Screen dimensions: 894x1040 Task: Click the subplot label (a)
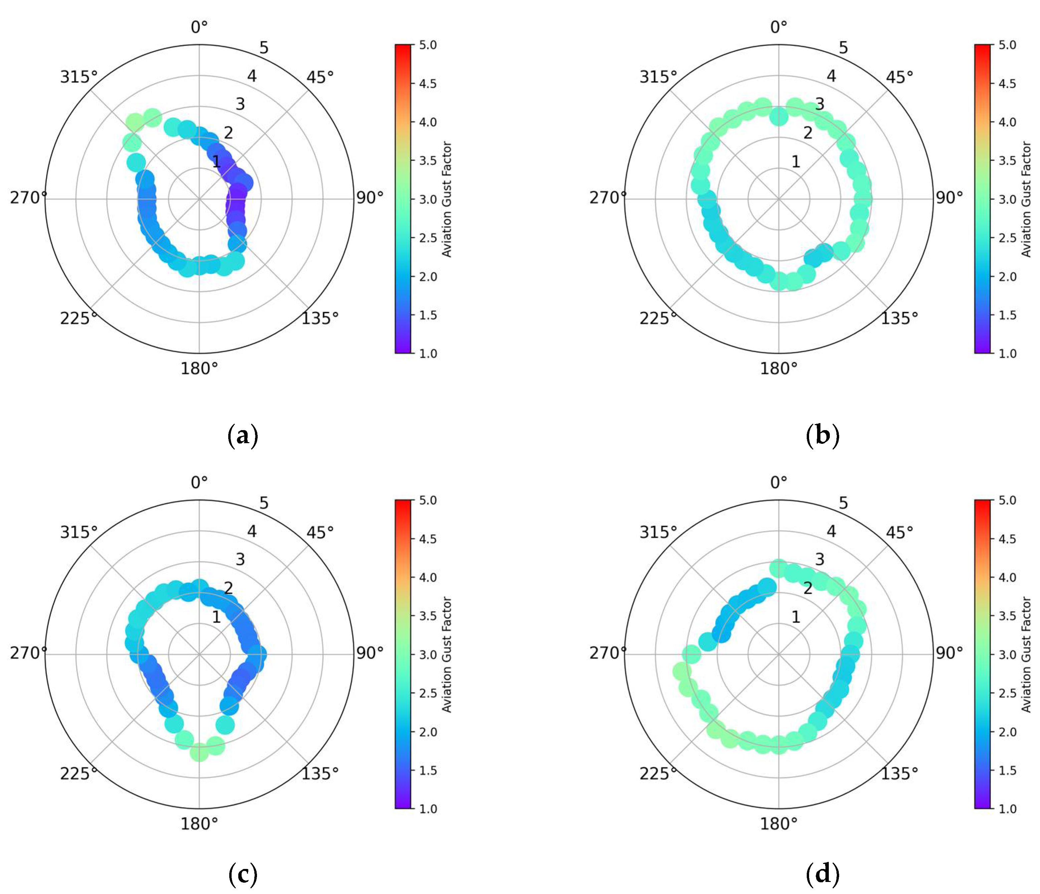pos(243,435)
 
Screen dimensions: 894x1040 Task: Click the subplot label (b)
pos(822,435)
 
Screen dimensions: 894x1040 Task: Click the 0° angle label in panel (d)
pos(778,482)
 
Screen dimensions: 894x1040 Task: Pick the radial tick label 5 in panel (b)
pos(843,48)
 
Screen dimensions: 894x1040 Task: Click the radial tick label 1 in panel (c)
pos(216,617)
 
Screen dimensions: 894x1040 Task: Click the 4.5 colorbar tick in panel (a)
pos(428,83)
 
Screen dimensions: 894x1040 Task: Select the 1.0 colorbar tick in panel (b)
pos(1007,353)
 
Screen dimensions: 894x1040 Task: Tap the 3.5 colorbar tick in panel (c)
pos(428,616)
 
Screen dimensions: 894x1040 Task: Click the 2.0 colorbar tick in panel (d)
pos(1007,732)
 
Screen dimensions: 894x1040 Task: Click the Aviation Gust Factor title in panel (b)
pos(1026,199)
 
